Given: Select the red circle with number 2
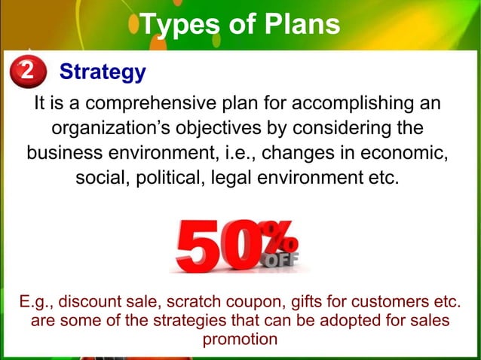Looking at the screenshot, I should pos(27,72).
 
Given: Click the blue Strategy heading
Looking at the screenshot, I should pos(102,72).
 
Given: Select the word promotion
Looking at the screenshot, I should pos(240,339).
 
